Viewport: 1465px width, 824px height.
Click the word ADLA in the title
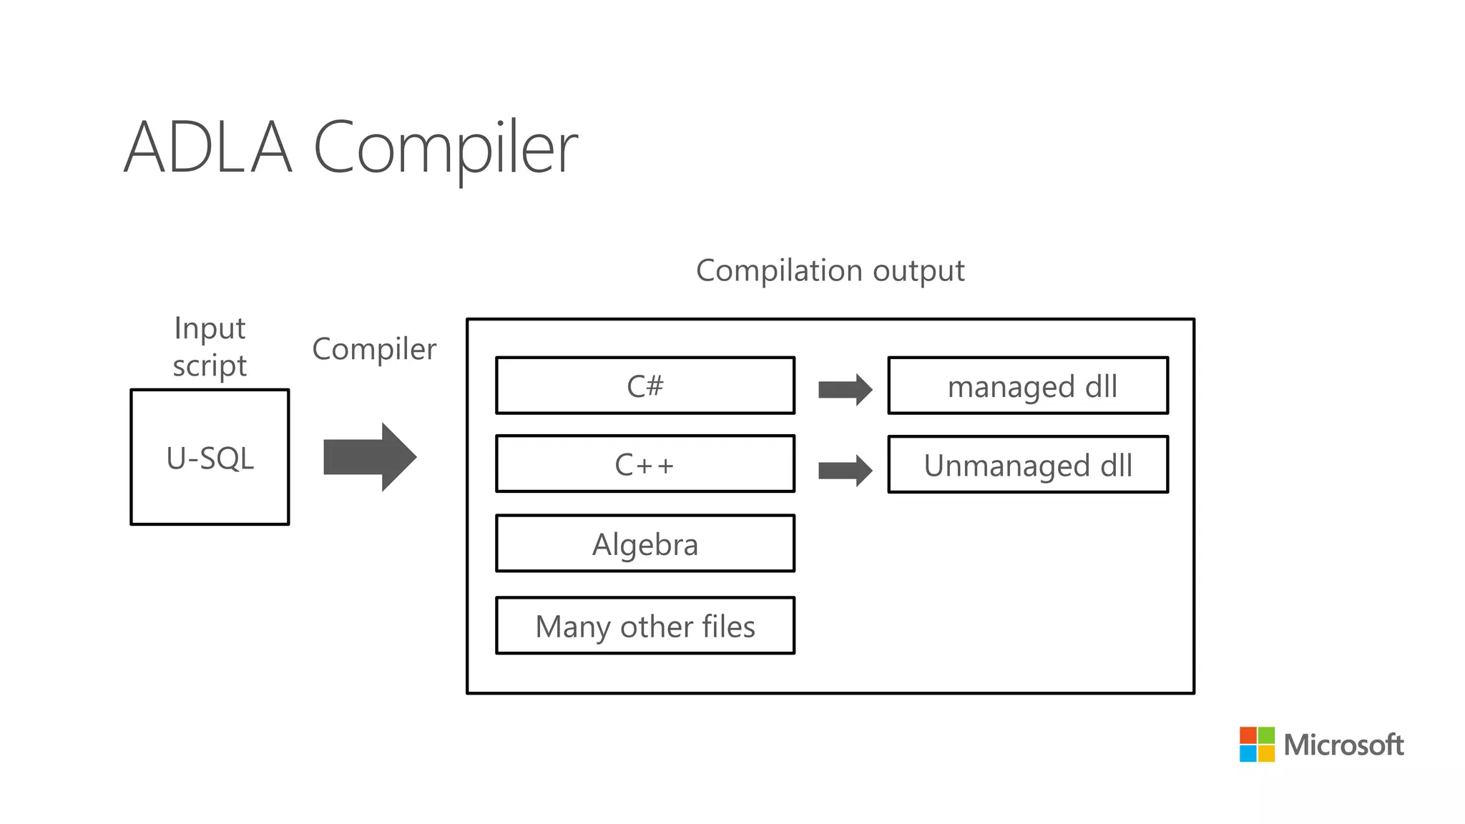208,148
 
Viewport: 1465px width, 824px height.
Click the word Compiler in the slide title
445,148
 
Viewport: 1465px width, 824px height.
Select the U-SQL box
210,457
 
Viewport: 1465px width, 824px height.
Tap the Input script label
210,347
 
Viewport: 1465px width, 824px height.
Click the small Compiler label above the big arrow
374,349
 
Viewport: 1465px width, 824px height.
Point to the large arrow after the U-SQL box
369,457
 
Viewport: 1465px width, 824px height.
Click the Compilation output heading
830,270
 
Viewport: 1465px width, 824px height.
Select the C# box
645,386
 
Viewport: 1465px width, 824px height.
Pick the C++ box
645,464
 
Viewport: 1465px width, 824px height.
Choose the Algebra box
645,544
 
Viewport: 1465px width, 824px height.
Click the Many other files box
645,626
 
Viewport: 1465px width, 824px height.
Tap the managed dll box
1028,386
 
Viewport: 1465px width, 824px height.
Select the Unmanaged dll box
1028,465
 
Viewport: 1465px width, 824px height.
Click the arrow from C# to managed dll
845,390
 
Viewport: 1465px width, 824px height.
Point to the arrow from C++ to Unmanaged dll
845,471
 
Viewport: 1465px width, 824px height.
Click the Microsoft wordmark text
1343,745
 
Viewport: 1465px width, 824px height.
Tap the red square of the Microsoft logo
1248,735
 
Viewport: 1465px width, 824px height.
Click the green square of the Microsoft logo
1266,735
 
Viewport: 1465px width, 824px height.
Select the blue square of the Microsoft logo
1248,753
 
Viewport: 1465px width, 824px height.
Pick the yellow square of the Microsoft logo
1266,753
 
